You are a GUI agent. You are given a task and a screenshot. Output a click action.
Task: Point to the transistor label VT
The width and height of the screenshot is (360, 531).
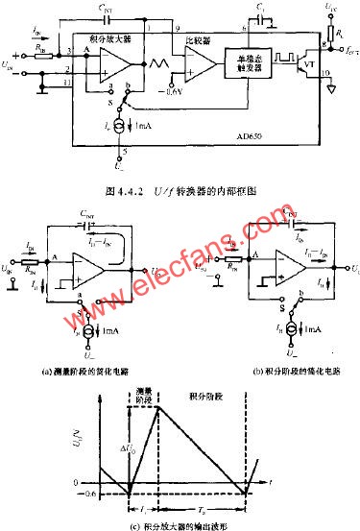(308, 74)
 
